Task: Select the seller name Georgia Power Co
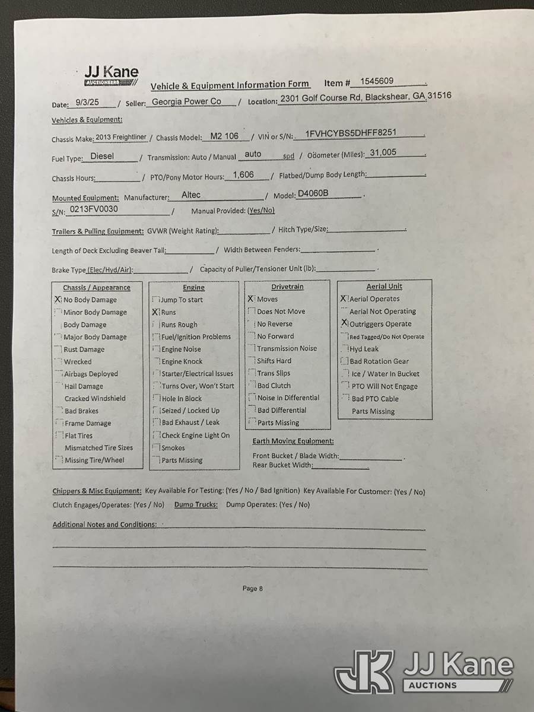(x=186, y=101)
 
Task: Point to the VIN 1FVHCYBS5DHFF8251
(x=351, y=134)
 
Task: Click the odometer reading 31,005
(x=383, y=152)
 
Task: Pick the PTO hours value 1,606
(x=243, y=174)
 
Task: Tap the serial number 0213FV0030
(x=94, y=209)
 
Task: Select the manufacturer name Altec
(x=191, y=195)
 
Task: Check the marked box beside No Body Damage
(x=58, y=300)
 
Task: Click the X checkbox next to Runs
(x=155, y=311)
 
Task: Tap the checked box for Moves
(x=251, y=299)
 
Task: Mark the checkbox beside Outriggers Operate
(x=344, y=323)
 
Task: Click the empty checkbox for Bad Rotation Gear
(x=344, y=361)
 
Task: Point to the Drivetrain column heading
(x=287, y=287)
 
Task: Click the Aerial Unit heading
(x=384, y=287)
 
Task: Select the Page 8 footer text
(x=252, y=589)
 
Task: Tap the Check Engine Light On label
(x=195, y=436)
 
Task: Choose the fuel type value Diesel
(x=102, y=157)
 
